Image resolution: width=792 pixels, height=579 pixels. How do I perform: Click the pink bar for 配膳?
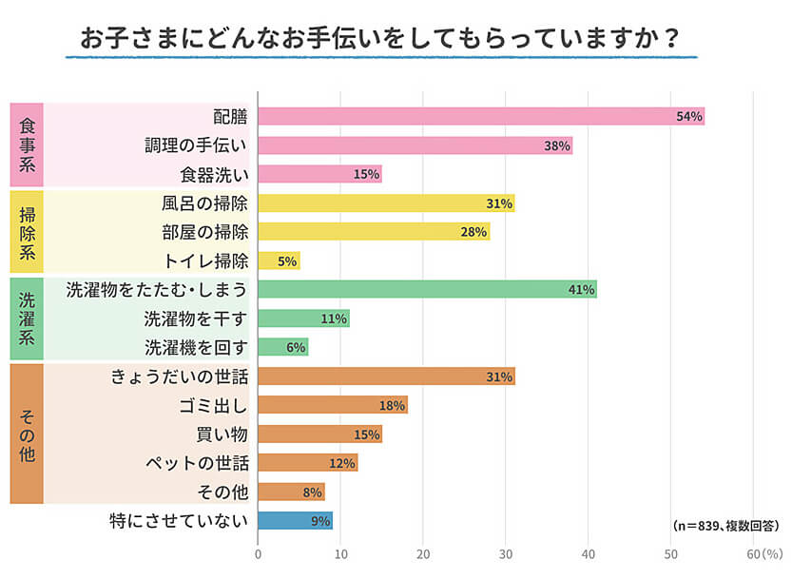(480, 116)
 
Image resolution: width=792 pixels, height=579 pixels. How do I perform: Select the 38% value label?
(556, 145)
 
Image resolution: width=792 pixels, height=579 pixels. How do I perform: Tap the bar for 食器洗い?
(319, 174)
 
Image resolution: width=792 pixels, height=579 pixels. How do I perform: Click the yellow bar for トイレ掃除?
(279, 261)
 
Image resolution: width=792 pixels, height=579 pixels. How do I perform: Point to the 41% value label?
(581, 289)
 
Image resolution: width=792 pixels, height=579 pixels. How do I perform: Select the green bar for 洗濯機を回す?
(282, 347)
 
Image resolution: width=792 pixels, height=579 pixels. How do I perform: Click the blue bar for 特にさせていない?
(295, 520)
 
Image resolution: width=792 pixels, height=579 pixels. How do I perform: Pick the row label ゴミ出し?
(213, 405)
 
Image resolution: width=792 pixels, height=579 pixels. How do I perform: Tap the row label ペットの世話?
(197, 463)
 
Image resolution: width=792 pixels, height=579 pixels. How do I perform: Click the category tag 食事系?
(27, 145)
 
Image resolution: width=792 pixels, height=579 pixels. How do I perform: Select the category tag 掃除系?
(27, 231)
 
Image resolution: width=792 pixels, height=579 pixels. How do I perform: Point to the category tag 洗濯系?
(27, 318)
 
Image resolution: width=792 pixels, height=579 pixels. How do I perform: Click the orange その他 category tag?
(27, 433)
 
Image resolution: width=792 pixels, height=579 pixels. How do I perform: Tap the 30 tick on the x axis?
(506, 554)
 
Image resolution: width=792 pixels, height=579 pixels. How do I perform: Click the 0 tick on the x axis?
(258, 554)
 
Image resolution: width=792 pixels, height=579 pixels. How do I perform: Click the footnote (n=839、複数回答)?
(724, 525)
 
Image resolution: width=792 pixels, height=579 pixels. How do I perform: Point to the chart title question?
(380, 38)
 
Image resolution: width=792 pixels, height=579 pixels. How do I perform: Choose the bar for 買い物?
(319, 434)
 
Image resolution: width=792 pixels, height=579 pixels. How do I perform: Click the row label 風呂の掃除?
(204, 203)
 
